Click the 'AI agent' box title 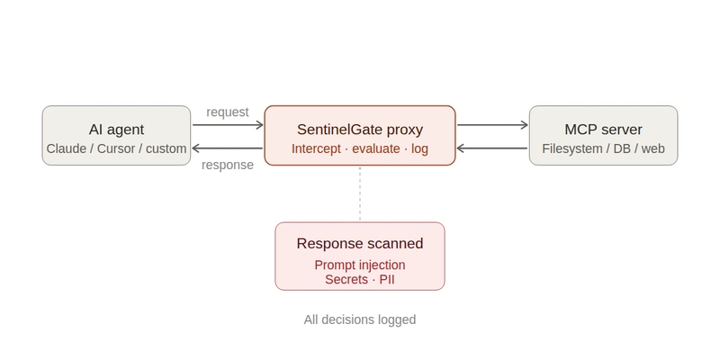[116, 129]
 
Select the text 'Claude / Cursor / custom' [116, 148]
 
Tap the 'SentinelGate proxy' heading [360, 129]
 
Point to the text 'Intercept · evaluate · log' [360, 148]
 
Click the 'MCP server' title [603, 129]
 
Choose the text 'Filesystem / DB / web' [603, 148]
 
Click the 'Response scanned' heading [360, 244]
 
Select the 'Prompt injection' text [360, 265]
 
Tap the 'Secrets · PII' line [360, 280]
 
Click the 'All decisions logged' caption [360, 319]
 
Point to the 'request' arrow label [227, 112]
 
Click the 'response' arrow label [227, 165]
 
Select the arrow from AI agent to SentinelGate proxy [227, 126]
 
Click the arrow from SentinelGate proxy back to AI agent [227, 148]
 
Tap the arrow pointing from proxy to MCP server [492, 126]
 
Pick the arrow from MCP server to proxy [492, 148]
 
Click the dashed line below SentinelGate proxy [360, 193]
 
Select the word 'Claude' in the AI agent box [66, 148]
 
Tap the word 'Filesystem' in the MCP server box [572, 148]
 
